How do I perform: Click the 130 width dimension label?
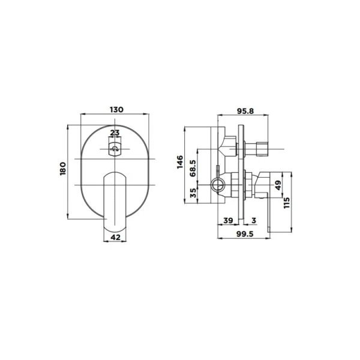tap(116, 110)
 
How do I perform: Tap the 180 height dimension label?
tap(63, 169)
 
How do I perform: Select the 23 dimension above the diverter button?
tap(115, 133)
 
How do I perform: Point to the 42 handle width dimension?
tap(115, 237)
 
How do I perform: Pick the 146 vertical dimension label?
tap(180, 162)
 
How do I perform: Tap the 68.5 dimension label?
tap(193, 168)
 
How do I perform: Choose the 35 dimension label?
tap(194, 193)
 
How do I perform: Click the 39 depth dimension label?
tap(228, 220)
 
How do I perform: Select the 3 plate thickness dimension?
tap(254, 220)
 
